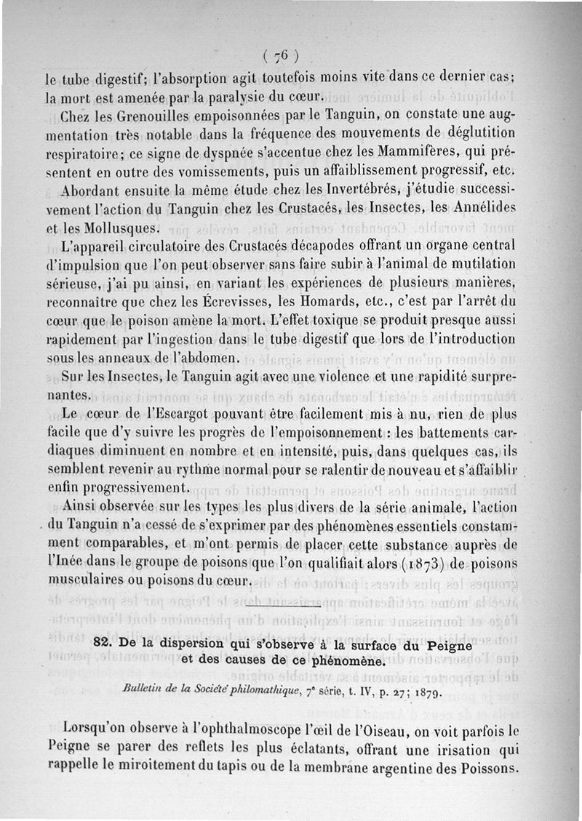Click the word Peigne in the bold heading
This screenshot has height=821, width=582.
pos(442,645)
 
